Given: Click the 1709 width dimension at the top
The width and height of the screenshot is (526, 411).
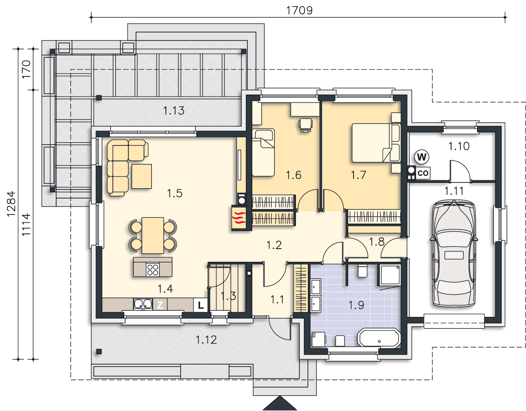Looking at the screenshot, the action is pyautogui.click(x=300, y=11).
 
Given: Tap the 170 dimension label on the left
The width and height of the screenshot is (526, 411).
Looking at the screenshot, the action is pyautogui.click(x=26, y=69).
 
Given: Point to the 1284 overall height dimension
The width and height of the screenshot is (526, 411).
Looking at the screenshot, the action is pyautogui.click(x=11, y=204).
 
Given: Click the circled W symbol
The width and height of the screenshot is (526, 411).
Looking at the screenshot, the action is pyautogui.click(x=422, y=157).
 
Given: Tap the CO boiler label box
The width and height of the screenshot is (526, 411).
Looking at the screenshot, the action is pyautogui.click(x=423, y=173).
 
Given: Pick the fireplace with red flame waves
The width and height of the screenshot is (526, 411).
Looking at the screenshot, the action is pyautogui.click(x=239, y=217).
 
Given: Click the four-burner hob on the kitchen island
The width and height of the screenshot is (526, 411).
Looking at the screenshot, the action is pyautogui.click(x=153, y=270).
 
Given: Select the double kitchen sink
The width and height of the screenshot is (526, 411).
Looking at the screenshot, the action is pyautogui.click(x=143, y=304).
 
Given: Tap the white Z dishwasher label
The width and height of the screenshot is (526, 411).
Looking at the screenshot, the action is pyautogui.click(x=160, y=305).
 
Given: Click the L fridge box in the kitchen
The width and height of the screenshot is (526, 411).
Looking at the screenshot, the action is pyautogui.click(x=200, y=305).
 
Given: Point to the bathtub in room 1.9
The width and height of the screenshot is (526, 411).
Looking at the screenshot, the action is pyautogui.click(x=379, y=338).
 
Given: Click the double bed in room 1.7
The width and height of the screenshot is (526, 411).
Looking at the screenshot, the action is pyautogui.click(x=376, y=143).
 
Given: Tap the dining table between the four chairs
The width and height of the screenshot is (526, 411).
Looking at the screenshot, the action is pyautogui.click(x=153, y=236).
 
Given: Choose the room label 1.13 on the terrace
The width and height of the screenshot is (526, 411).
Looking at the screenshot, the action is pyautogui.click(x=174, y=111).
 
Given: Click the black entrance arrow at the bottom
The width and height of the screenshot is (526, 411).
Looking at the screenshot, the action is pyautogui.click(x=280, y=403).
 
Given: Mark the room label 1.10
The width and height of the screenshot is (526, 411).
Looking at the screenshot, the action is pyautogui.click(x=459, y=146).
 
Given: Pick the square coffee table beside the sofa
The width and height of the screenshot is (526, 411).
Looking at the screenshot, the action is pyautogui.click(x=142, y=176).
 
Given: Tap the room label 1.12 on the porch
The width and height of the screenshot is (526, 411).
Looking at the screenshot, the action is pyautogui.click(x=206, y=340).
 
